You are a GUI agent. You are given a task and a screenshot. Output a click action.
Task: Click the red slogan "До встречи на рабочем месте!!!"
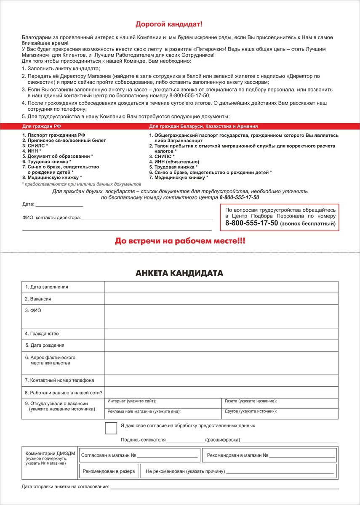(x=180, y=241)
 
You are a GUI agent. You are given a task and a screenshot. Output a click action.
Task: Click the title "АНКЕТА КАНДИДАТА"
(x=179, y=274)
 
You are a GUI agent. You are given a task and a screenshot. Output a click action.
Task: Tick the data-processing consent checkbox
(x=111, y=428)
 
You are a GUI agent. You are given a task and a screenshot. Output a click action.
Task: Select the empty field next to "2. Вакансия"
(x=221, y=298)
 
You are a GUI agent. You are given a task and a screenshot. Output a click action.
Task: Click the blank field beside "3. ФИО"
(x=221, y=316)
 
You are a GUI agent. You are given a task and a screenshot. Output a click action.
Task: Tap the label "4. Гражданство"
(x=42, y=334)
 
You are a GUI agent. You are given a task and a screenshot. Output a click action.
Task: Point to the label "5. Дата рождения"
(x=45, y=346)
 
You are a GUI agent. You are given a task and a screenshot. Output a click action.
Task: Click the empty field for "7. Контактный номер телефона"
(x=221, y=380)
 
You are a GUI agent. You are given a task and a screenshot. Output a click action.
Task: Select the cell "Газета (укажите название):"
(x=280, y=403)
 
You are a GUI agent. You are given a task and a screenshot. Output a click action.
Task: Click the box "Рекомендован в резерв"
(x=109, y=471)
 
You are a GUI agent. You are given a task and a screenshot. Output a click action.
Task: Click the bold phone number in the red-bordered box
(x=251, y=223)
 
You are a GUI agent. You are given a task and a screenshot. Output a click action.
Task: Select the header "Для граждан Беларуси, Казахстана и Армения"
(x=203, y=126)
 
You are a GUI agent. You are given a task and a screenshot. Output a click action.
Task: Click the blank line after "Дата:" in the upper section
(x=59, y=205)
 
